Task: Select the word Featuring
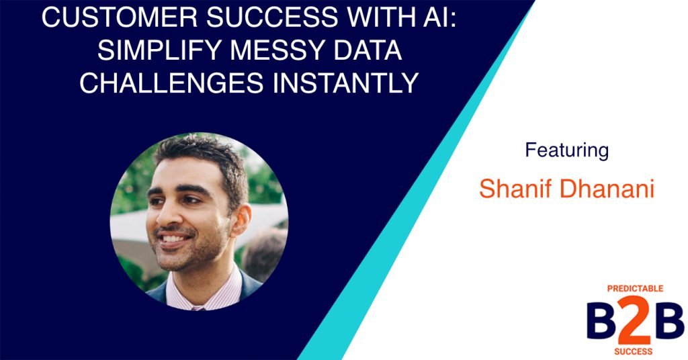(566, 150)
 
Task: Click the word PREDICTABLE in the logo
(635, 288)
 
